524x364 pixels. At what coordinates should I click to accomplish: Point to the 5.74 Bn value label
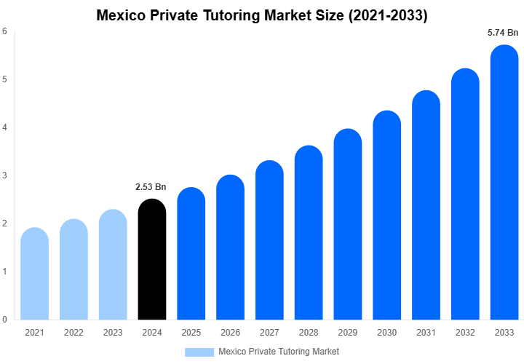click(x=503, y=33)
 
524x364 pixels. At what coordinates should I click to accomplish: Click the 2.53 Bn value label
click(x=151, y=187)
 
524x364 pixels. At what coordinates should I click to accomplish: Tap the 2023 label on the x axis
click(x=113, y=333)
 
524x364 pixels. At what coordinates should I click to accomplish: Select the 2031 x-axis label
click(x=426, y=333)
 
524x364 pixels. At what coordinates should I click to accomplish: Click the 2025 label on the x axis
click(x=191, y=333)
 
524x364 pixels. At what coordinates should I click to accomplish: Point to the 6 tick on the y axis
click(x=5, y=31)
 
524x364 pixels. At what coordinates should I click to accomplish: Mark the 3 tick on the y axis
click(x=5, y=175)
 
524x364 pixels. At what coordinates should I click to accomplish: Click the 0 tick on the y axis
click(x=5, y=320)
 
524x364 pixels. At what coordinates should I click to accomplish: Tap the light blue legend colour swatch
click(x=199, y=352)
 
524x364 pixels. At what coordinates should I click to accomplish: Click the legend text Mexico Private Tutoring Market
click(x=279, y=352)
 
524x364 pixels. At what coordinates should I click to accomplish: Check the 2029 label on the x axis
click(x=348, y=333)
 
